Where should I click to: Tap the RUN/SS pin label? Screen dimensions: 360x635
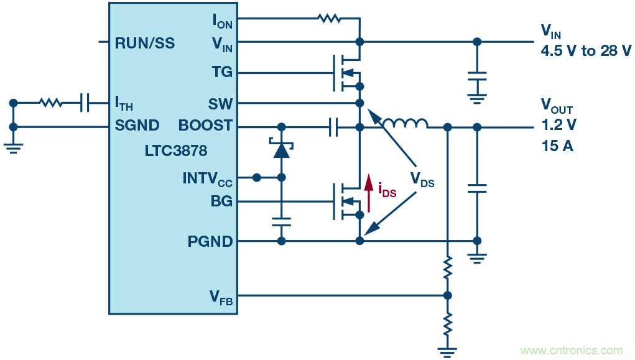[144, 44]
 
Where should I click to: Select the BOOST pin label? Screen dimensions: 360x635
[205, 126]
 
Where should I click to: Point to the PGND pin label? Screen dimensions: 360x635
[210, 241]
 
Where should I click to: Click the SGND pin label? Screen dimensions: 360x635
[137, 126]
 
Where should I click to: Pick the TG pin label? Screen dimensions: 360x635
[221, 72]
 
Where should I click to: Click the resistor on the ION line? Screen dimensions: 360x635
[329, 19]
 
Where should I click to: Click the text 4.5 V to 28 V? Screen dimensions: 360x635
[586, 52]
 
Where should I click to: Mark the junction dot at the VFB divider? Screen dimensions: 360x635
[447, 296]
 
